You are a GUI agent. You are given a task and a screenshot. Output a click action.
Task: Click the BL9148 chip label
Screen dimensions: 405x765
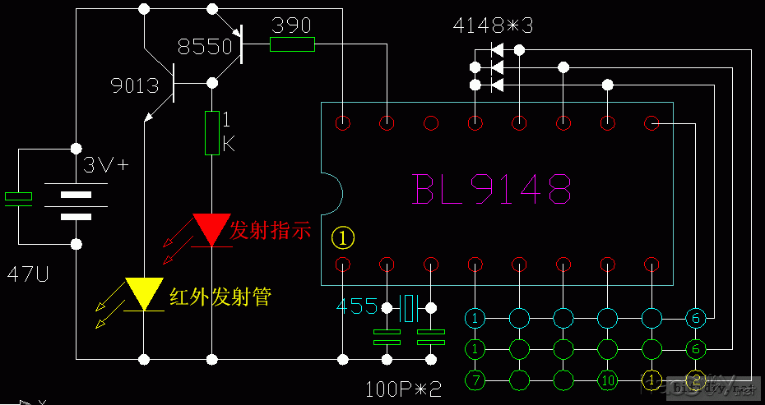[x=492, y=189]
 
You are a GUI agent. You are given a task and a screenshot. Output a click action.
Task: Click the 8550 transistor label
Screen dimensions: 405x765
[x=205, y=47]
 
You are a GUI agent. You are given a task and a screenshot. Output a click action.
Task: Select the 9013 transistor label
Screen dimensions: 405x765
[x=135, y=85]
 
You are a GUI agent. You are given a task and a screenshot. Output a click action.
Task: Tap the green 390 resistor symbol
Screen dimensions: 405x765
[x=292, y=44]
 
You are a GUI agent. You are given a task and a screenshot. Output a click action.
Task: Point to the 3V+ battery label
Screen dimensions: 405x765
[x=106, y=165]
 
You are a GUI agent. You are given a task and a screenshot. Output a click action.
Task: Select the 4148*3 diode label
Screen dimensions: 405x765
[x=493, y=25]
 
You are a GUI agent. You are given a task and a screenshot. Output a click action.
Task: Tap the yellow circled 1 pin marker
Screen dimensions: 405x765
[x=342, y=237]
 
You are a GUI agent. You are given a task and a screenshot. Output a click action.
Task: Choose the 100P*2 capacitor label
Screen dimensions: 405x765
[x=404, y=387]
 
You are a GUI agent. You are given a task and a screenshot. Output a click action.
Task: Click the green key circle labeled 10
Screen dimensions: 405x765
[x=607, y=380]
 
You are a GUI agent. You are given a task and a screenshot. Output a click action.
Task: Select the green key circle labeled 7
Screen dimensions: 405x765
[x=475, y=380]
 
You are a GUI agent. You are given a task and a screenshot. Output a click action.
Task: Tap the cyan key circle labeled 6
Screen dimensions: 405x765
[x=695, y=317]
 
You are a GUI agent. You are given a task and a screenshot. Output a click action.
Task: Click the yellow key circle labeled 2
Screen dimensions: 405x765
[x=695, y=380]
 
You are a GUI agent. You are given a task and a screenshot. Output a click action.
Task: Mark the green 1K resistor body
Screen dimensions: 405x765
[x=211, y=133]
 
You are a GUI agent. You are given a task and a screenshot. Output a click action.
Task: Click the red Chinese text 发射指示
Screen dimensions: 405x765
[x=271, y=231]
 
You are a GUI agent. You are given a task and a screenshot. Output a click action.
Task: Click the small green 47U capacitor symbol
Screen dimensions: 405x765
[x=18, y=196]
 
